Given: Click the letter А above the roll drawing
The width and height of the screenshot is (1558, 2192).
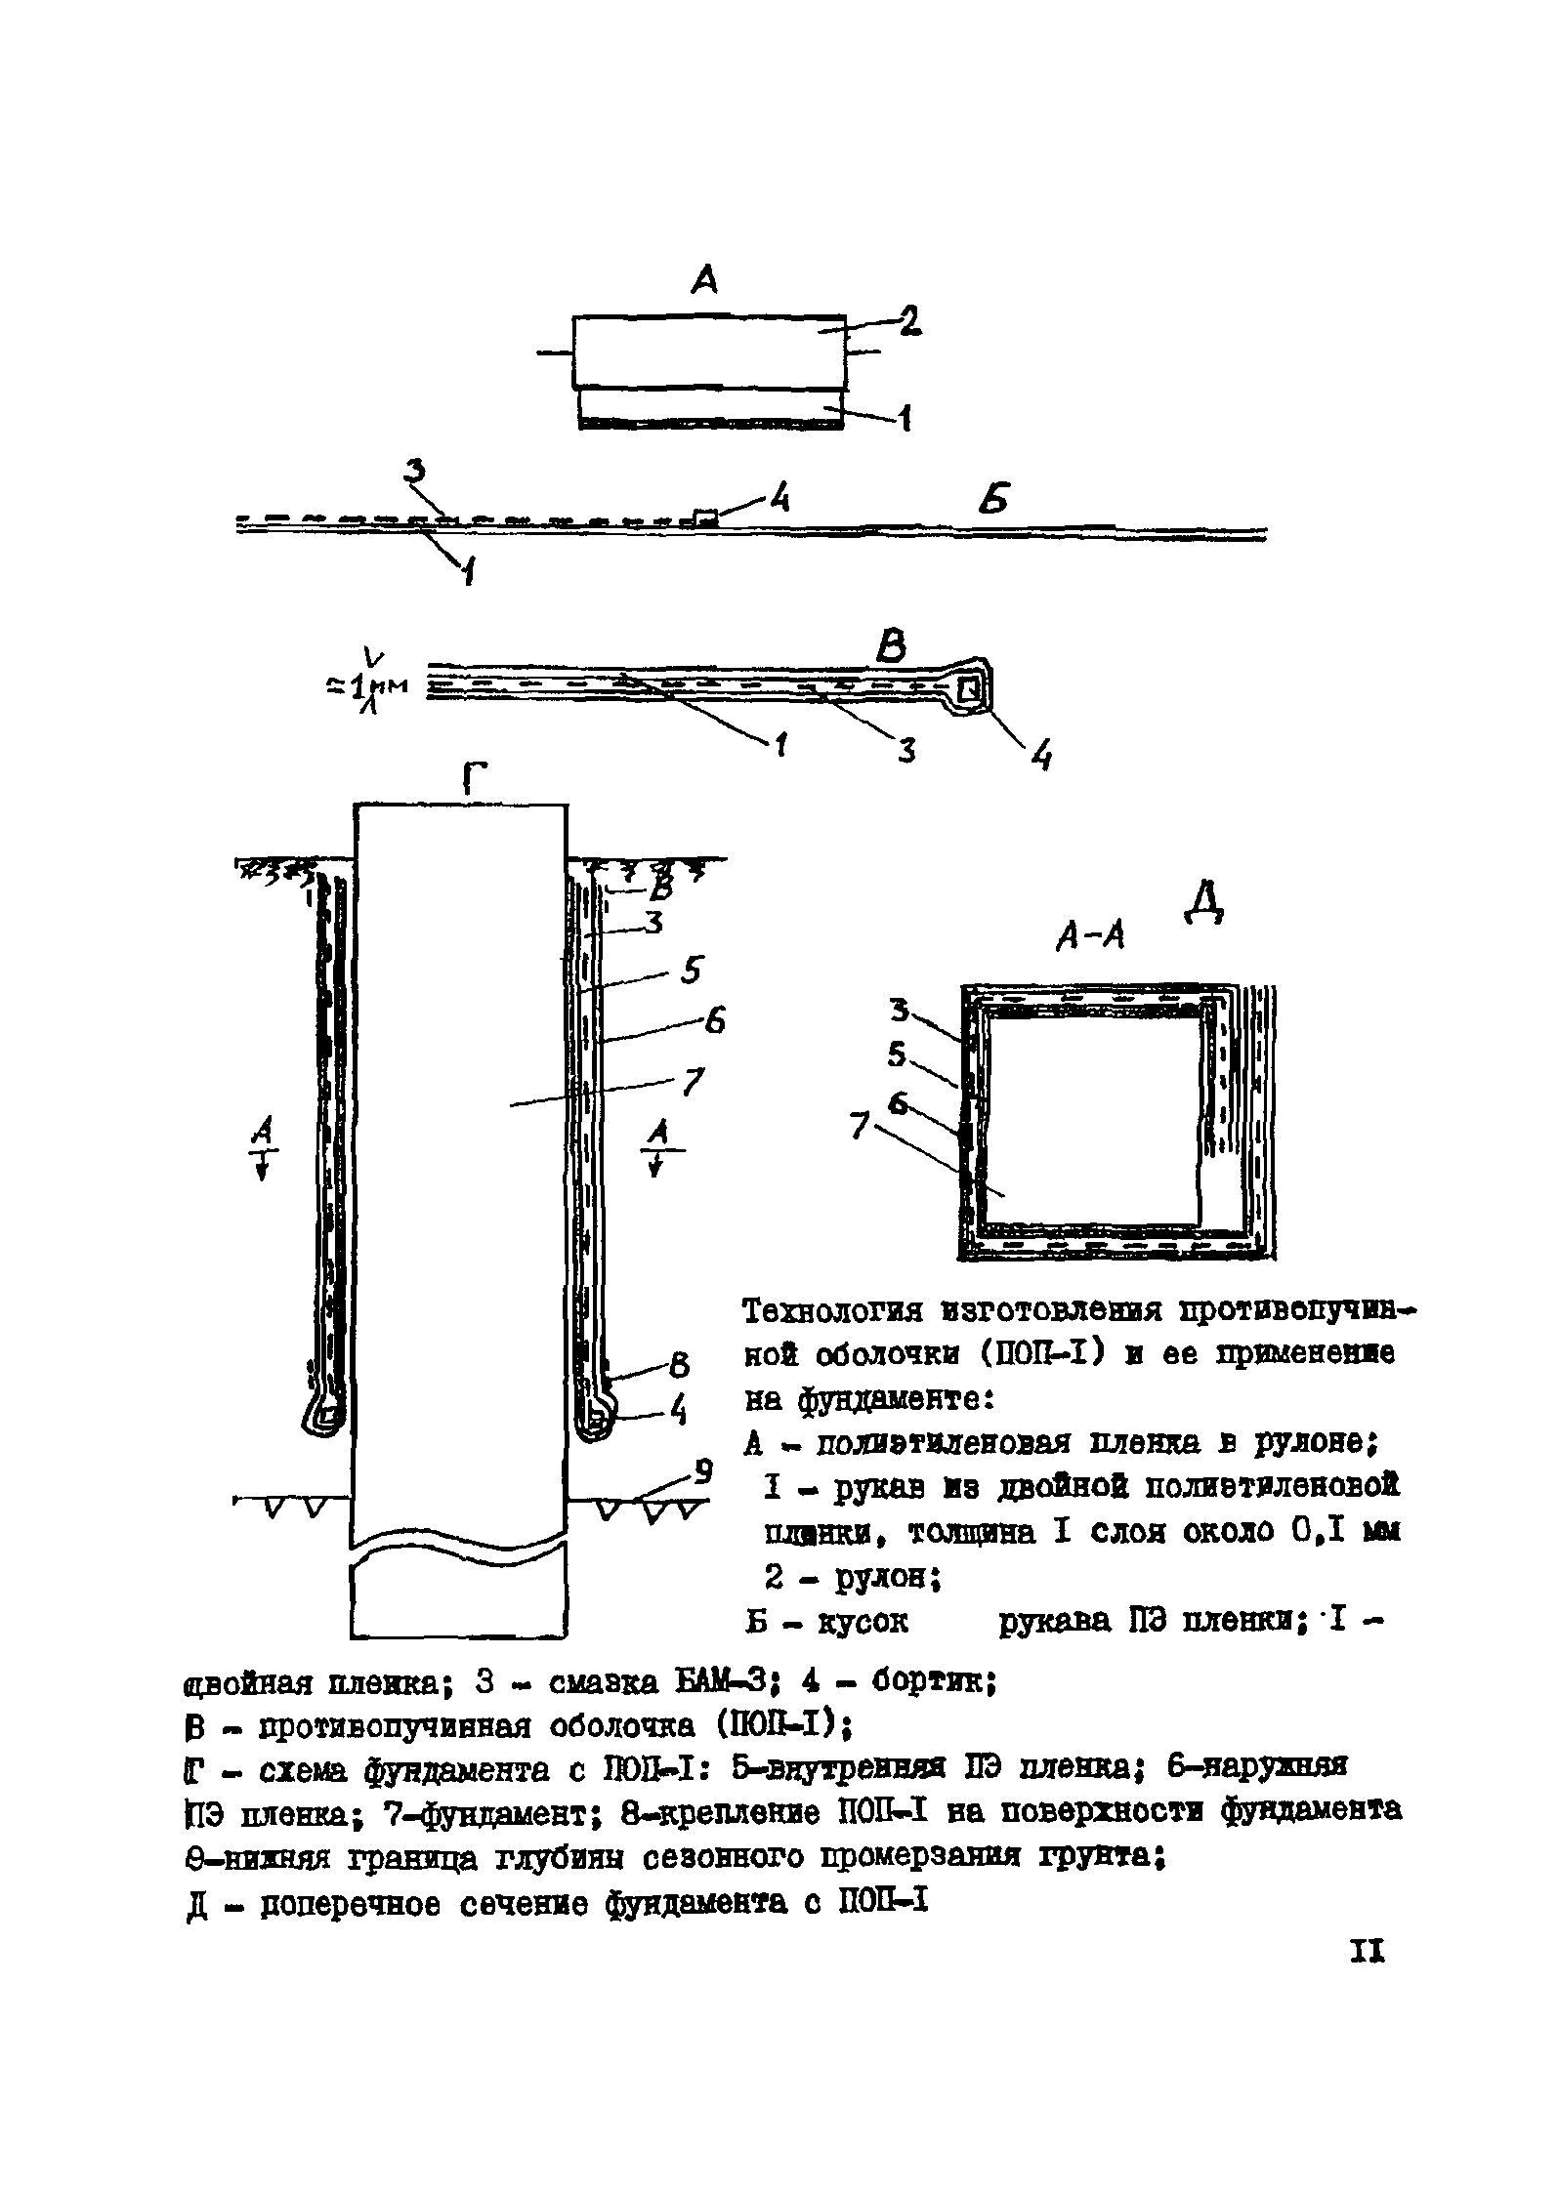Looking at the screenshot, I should point(703,281).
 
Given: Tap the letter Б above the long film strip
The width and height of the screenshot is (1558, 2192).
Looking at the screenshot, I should point(994,501).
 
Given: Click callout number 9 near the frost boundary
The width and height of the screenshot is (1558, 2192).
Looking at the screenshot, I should point(703,1470).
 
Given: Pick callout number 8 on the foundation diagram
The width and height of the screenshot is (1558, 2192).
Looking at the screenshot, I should point(680,1363).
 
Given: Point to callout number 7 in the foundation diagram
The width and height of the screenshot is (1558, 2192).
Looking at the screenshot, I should point(692,1082).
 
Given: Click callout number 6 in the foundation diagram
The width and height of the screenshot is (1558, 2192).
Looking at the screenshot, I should point(715,1021).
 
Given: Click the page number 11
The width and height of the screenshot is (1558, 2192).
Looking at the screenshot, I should point(1368,1978).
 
